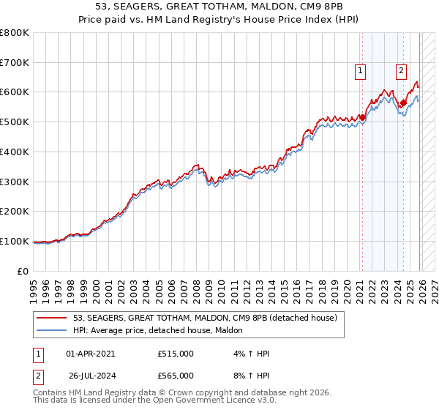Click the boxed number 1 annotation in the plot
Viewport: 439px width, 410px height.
coord(361,71)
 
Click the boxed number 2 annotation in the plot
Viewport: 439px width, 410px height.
coord(402,71)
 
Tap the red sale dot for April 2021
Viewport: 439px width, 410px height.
coord(362,116)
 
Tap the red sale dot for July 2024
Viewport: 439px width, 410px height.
coord(403,102)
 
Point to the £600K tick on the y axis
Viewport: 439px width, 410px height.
coord(15,92)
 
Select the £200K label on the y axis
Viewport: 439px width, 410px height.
coord(15,211)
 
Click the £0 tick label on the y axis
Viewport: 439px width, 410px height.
coord(23,271)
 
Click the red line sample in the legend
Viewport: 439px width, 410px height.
coord(53,318)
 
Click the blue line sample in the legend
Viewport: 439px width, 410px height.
coord(53,331)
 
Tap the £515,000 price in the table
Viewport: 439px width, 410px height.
coord(176,354)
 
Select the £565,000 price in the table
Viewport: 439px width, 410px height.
coord(176,376)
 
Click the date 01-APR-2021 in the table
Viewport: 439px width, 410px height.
coord(90,354)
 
